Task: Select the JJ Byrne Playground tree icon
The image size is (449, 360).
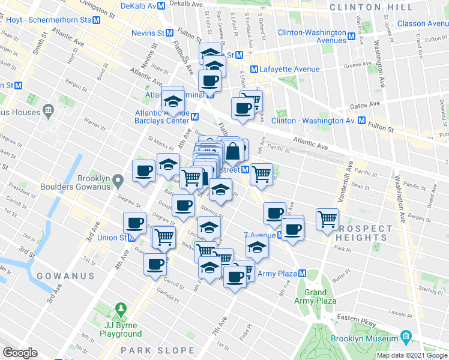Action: pos(122,310)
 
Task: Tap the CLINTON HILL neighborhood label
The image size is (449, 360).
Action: pos(372,8)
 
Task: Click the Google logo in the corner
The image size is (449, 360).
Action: pos(20,353)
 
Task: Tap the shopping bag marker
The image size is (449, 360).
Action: pos(233,151)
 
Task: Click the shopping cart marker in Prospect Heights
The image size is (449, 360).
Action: pos(327,219)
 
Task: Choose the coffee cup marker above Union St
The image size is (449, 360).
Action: pos(135,223)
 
